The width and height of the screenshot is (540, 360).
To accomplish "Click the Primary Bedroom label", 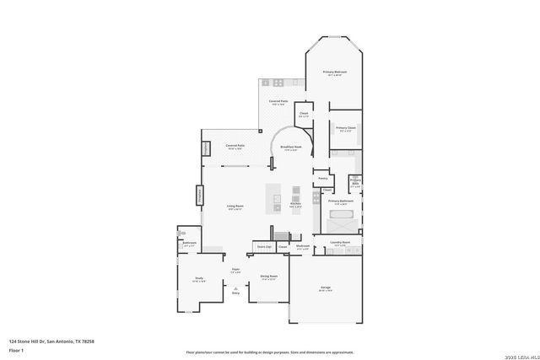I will click(335, 73).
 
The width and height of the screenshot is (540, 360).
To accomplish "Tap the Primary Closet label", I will click(346, 128).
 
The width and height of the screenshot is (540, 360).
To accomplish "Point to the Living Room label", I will click(235, 207).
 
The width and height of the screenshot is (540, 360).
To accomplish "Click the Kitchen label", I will click(295, 204).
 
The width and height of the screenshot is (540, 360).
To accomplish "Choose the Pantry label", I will click(322, 178).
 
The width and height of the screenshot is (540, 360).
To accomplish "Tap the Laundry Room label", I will click(340, 242).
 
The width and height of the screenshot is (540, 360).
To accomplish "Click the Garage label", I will click(326, 288).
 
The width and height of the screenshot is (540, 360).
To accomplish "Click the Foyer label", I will click(236, 270).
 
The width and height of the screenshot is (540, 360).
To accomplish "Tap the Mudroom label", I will click(303, 246).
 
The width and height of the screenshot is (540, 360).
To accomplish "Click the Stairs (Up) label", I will click(264, 246).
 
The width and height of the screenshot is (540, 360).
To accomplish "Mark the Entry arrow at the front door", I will click(236, 291).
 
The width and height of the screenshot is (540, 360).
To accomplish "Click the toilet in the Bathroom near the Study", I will click(181, 233).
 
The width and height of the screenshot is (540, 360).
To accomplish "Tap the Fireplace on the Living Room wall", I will click(201, 195).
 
